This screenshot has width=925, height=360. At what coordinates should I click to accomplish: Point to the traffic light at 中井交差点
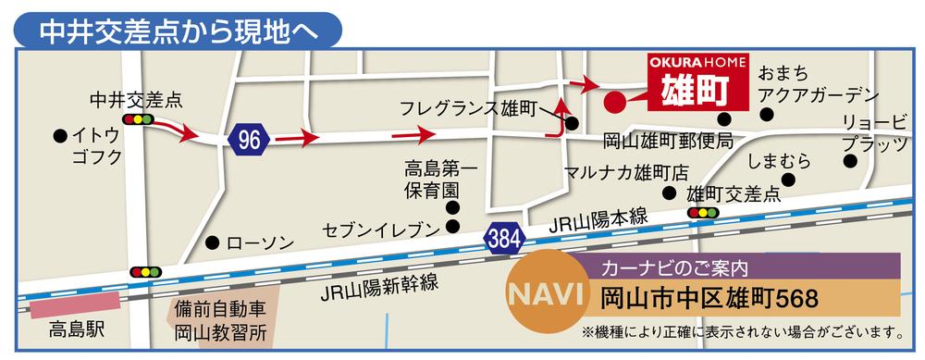(x=138, y=120)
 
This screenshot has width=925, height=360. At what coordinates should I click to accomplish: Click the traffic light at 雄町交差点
(x=704, y=213)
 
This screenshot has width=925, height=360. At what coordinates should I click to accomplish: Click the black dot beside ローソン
(x=212, y=242)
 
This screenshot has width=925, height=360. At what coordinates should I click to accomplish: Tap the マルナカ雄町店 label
(x=628, y=172)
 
